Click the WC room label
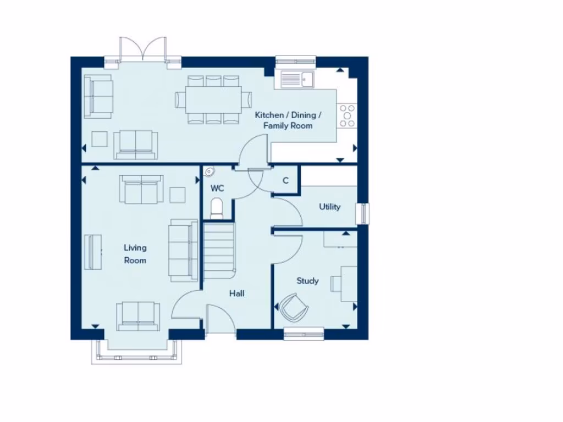point(218,188)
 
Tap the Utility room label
point(330,207)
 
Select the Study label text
point(307,281)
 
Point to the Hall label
point(236,293)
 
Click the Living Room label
point(135,254)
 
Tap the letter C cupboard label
point(286,180)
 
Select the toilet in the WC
point(218,208)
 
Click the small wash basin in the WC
point(209,172)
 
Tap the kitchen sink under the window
point(296,80)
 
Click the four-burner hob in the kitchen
point(347,116)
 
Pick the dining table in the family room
point(208,99)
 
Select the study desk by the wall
point(349,284)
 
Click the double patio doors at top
point(143,48)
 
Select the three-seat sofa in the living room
point(183,251)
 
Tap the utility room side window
point(363,213)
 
